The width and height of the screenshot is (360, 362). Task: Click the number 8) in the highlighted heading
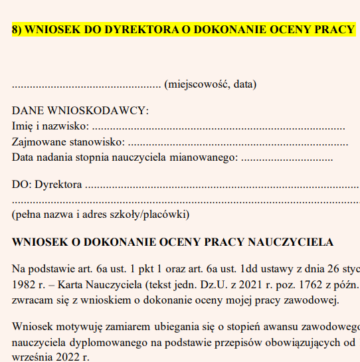tap(17, 31)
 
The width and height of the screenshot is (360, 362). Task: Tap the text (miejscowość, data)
tap(210, 84)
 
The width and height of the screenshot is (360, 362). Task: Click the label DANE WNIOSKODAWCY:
tap(80, 110)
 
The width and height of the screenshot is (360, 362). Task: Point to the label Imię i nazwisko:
tap(50, 126)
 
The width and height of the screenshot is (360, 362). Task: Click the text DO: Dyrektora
tap(47, 185)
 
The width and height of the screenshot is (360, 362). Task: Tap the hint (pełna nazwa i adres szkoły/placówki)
tap(100, 215)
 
